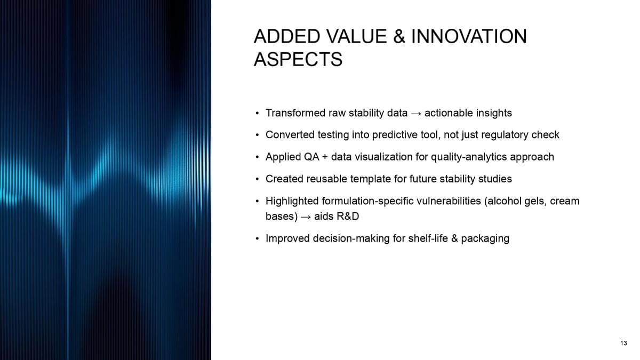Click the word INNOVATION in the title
pyautogui.click(x=469, y=37)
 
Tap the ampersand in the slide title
pyautogui.click(x=399, y=37)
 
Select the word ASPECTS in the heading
pyautogui.click(x=298, y=59)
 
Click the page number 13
pyautogui.click(x=623, y=343)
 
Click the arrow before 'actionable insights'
pyautogui.click(x=416, y=114)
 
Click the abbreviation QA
pyautogui.click(x=311, y=157)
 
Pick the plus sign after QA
pyautogui.click(x=325, y=157)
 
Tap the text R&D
pyautogui.click(x=348, y=217)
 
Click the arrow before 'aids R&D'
pyautogui.click(x=306, y=217)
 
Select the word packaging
pyautogui.click(x=485, y=238)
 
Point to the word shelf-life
pyautogui.click(x=428, y=238)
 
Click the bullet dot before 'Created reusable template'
pyautogui.click(x=258, y=179)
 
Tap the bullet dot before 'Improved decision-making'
pyautogui.click(x=258, y=238)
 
